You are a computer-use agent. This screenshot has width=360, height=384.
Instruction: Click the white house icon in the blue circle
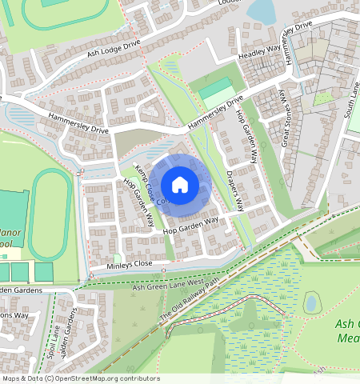click(180, 185)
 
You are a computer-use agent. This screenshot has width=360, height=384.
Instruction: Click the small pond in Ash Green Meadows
click(313, 302)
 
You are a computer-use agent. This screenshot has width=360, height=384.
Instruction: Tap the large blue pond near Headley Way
click(261, 10)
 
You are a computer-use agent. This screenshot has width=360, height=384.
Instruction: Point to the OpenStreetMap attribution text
click(80, 378)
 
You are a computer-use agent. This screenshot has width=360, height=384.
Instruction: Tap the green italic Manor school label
click(11, 232)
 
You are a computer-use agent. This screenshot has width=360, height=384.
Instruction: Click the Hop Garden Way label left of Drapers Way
click(190, 226)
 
